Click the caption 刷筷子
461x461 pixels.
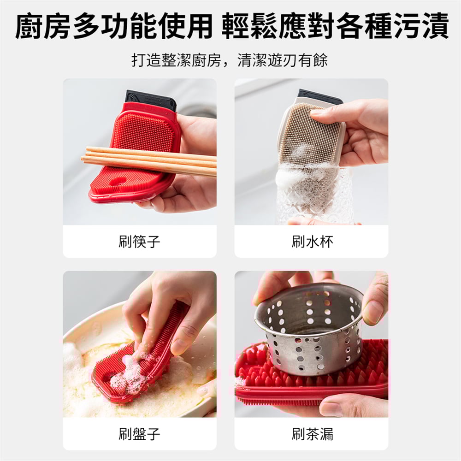coord(139,242)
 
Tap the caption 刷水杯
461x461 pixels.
coord(312,242)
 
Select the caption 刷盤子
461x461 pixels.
coord(139,434)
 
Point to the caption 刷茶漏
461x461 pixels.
coord(312,434)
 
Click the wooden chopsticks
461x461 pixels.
coord(149,161)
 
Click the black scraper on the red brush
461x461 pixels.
coord(151,100)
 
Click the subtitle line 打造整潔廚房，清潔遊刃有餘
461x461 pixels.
coord(230,60)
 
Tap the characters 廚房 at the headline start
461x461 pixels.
coord(42,25)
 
